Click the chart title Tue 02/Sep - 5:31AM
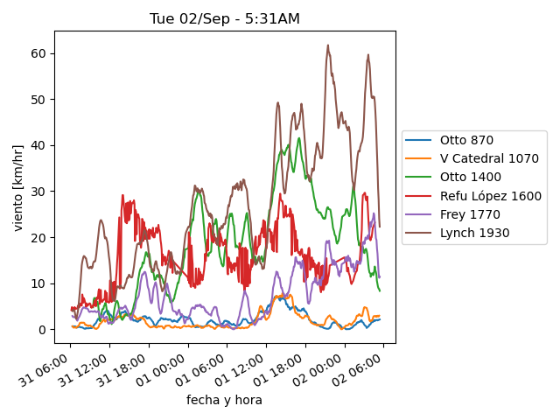click(225, 18)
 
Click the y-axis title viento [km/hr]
click(18, 187)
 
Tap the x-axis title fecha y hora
click(224, 400)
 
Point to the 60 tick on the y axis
click(38, 53)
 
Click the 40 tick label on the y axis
click(38, 145)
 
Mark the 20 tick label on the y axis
click(38, 237)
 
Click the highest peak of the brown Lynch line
click(328, 45)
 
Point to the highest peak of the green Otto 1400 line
click(299, 137)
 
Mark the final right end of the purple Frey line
click(380, 277)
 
